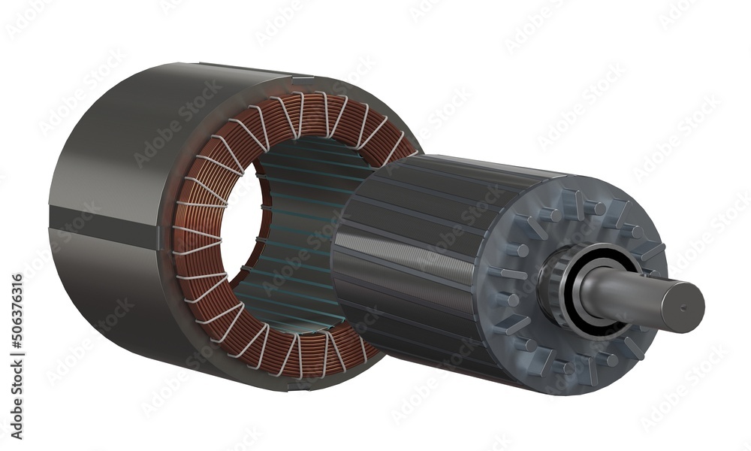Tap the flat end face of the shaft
tap(683, 307)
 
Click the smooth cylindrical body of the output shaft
tap(631, 297)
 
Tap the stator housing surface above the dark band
tap(113, 150)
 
